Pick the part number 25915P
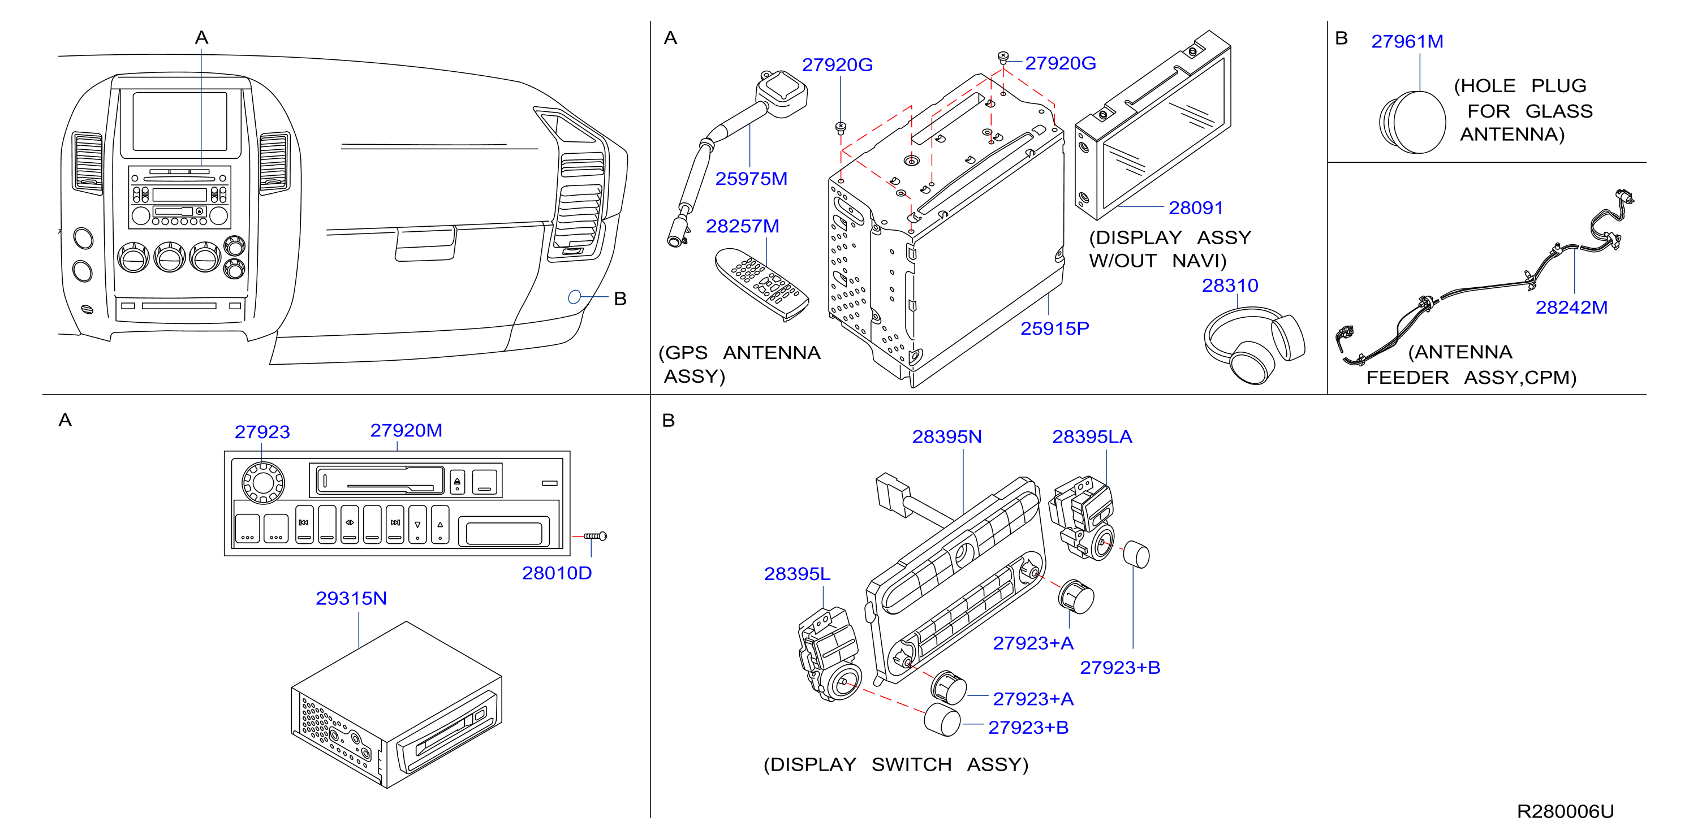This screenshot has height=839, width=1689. click(1054, 328)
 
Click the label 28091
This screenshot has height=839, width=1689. click(1196, 208)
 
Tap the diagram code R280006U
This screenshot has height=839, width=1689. click(1565, 811)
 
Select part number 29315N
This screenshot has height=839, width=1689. click(351, 599)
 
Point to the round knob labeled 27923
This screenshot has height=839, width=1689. click(263, 483)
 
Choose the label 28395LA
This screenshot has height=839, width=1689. click(1092, 436)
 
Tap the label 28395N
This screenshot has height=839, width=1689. click(947, 436)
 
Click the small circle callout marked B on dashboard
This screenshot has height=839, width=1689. click(574, 297)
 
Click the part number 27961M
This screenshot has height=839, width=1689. click(1407, 41)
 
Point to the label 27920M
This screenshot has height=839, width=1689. click(406, 430)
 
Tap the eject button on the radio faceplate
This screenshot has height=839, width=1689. click(457, 482)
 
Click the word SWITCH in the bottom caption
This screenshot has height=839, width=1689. click(911, 764)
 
